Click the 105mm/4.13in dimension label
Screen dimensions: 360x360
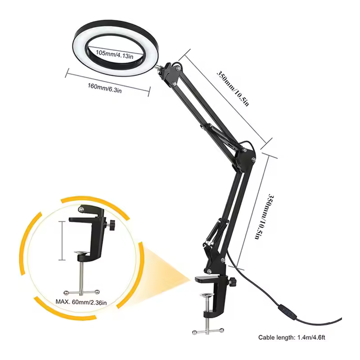click(114, 54)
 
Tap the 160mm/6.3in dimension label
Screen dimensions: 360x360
click(105, 88)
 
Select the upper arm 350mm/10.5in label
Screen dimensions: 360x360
click(233, 88)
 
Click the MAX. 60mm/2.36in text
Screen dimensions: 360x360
click(81, 302)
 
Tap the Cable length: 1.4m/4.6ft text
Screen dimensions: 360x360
click(292, 337)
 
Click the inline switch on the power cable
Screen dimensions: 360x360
click(288, 311)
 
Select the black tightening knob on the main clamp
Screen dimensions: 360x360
click(233, 281)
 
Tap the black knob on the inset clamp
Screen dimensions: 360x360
click(112, 224)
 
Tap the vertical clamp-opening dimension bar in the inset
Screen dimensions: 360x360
click(62, 241)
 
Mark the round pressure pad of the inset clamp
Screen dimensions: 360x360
click(82, 253)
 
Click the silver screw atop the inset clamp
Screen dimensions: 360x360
click(81, 209)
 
